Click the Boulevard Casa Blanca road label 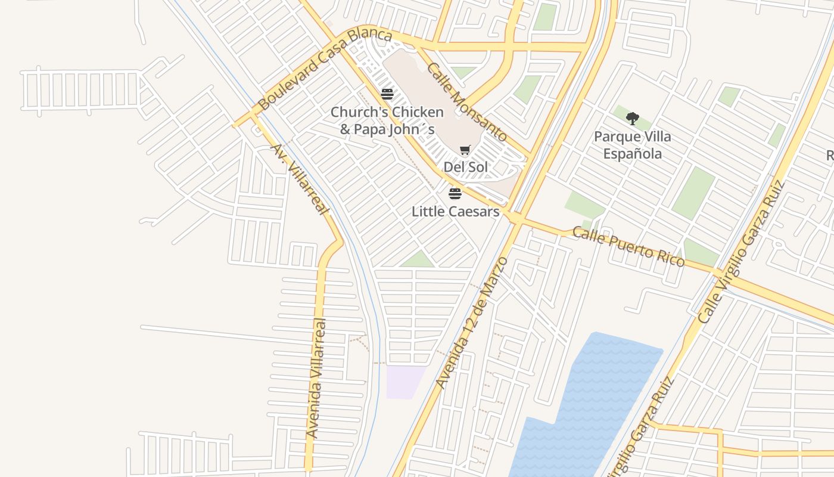325,69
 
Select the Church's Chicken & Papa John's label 387,120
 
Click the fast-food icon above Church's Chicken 387,94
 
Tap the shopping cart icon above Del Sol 465,150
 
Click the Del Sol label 466,167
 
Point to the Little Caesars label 455,211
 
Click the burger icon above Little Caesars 455,193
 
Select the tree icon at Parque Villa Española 633,118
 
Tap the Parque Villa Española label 632,145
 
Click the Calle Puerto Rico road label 628,246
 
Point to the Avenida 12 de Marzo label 472,323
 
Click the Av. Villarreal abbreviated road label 300,179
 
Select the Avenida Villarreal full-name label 316,379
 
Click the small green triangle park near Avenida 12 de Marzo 419,261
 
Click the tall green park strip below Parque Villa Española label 694,192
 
